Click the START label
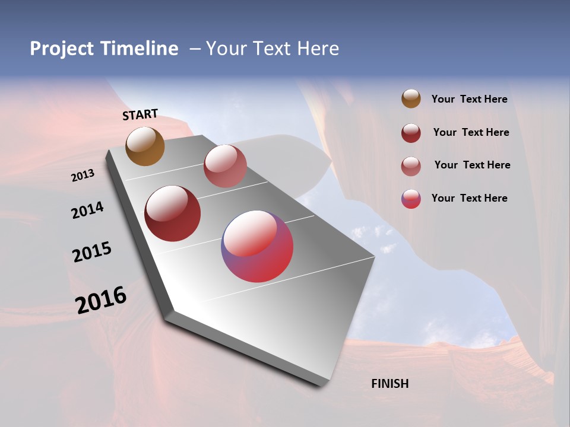pyautogui.click(x=140, y=114)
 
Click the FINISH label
pyautogui.click(x=389, y=384)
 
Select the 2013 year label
pyautogui.click(x=83, y=176)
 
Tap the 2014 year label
pyautogui.click(x=87, y=211)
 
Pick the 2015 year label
pyautogui.click(x=92, y=252)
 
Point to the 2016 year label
pyautogui.click(x=101, y=300)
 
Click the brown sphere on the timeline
pyautogui.click(x=145, y=146)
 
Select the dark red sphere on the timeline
pyautogui.click(x=172, y=213)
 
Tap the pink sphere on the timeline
pyautogui.click(x=225, y=166)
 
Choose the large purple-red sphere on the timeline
pyautogui.click(x=257, y=246)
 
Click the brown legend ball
pyautogui.click(x=411, y=99)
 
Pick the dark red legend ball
pyautogui.click(x=411, y=133)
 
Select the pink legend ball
pyautogui.click(x=411, y=166)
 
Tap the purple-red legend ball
pyautogui.click(x=411, y=199)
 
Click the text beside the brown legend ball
pyautogui.click(x=469, y=100)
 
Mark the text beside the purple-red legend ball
pyautogui.click(x=469, y=198)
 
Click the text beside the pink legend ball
pyautogui.click(x=472, y=165)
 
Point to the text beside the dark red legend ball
pyautogui.click(x=471, y=132)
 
